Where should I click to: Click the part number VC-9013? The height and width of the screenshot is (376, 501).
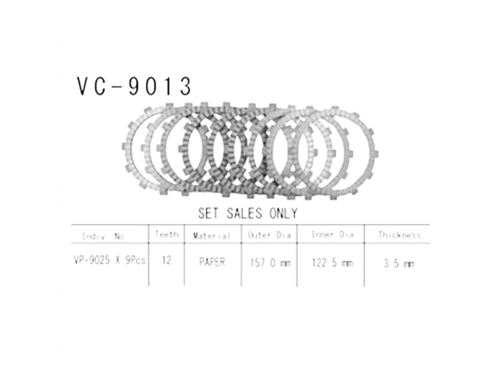(x=134, y=87)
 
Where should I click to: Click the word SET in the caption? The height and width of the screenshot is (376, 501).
(x=210, y=214)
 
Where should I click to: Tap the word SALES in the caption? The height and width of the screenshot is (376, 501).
(x=246, y=214)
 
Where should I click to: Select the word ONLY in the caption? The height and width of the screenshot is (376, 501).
(x=283, y=214)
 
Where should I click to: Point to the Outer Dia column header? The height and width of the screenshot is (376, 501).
(x=267, y=236)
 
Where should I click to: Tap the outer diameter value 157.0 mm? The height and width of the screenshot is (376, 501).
(x=268, y=262)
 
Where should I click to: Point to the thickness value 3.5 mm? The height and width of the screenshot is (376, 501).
(x=398, y=262)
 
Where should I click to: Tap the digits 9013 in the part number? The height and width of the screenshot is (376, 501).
(x=159, y=87)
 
